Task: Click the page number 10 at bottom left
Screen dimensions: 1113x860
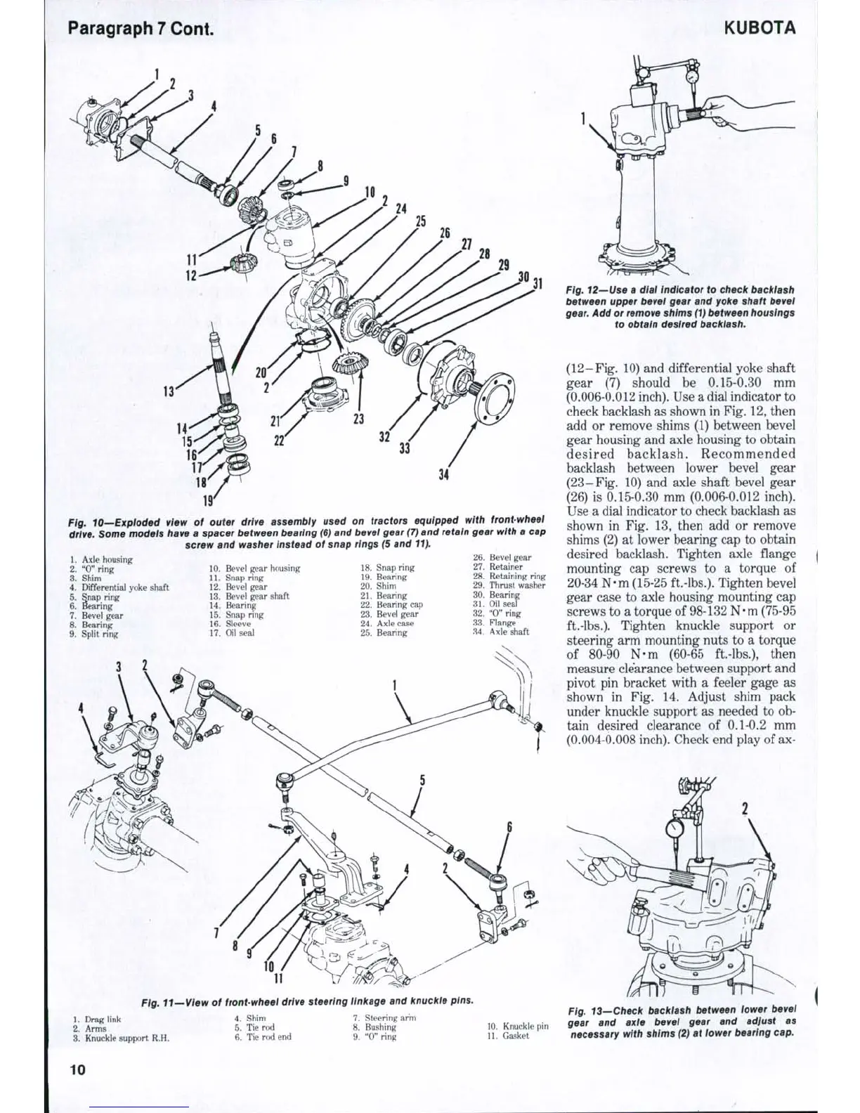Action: pos(77,1070)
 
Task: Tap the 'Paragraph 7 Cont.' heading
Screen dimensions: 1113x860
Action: pos(141,30)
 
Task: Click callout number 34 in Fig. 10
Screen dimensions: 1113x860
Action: pos(443,475)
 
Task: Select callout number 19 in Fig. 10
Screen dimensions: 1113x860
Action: pos(208,500)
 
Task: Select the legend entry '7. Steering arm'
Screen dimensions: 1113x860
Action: pos(384,1017)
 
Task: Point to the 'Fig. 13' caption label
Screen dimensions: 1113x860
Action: pos(587,1011)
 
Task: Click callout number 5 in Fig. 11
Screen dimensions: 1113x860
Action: pos(423,780)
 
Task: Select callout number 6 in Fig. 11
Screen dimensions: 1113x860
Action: pos(510,826)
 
